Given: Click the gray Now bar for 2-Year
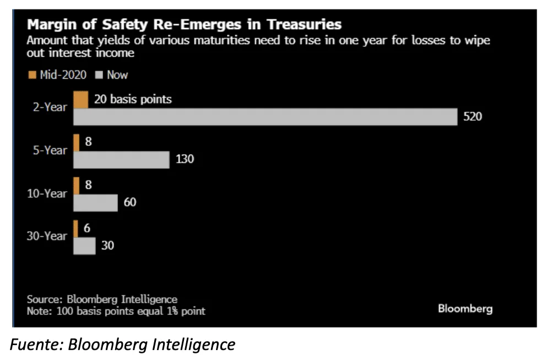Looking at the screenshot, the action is pos(265,117).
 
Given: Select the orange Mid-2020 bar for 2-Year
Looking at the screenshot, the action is pos(80,100).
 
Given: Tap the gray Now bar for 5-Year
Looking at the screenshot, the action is pos(121,160).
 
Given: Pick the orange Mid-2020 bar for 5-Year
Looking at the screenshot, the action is pos(76,143).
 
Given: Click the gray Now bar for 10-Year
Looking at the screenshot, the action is pos(95,203).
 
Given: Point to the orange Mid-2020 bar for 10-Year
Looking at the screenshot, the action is pos(76,186).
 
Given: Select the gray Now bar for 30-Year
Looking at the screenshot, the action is pos(84,246).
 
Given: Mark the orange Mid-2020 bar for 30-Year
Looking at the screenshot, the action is pos(75,229).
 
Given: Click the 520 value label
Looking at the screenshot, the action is pos(473,117).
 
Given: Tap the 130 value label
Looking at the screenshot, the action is pos(185,159).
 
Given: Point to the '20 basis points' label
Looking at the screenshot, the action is pos(133,99).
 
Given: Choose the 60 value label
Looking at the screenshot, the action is pos(130,202).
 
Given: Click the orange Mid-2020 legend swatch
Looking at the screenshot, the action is pos(32,75).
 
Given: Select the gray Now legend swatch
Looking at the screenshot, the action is pos(99,75).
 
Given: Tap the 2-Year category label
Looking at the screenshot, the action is pos(50,107).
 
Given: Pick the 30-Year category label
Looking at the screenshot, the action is pos(47,236).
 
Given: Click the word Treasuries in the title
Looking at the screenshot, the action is pos(304,25).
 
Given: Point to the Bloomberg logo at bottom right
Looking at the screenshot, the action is pos(465,309).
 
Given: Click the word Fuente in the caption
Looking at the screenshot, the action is pos(36,344).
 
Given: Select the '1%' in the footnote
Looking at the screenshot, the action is pos(172,311).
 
